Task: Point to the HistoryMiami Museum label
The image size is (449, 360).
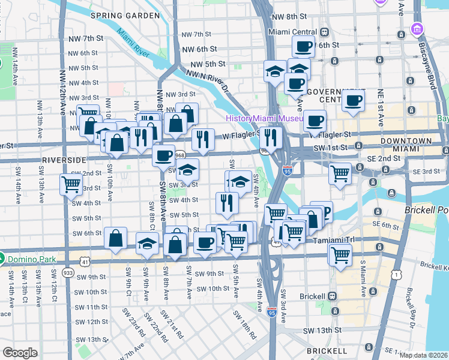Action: [263, 118]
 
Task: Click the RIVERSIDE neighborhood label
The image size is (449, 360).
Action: [65, 160]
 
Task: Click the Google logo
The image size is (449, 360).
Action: [20, 352]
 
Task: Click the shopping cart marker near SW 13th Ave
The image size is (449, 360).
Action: [71, 185]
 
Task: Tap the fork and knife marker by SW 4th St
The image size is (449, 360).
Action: [227, 202]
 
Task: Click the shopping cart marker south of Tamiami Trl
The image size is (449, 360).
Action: [340, 254]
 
